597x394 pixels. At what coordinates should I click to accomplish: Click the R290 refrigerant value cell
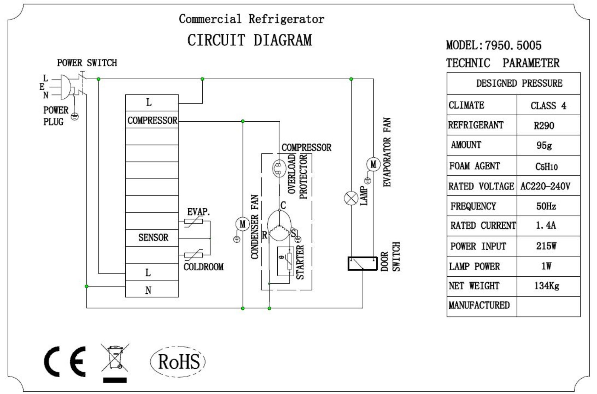click(544, 125)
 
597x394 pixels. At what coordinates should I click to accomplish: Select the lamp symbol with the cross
click(351, 198)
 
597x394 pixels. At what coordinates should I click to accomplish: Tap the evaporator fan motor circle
click(373, 164)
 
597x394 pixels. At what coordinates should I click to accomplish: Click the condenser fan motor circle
click(242, 224)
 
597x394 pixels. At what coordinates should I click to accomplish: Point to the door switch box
click(362, 263)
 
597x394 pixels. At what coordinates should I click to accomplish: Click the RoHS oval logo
click(178, 362)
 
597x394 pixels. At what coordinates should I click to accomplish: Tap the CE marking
click(65, 362)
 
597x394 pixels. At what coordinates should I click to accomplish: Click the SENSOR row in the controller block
click(152, 238)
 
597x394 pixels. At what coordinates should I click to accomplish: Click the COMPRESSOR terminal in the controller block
click(152, 120)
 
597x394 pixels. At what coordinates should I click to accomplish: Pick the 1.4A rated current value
click(546, 225)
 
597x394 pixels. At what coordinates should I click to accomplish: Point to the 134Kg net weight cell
click(547, 286)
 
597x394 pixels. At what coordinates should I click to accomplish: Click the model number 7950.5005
click(513, 45)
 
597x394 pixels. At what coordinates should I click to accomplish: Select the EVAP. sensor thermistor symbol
click(194, 221)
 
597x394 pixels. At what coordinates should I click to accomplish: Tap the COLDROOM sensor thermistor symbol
click(194, 255)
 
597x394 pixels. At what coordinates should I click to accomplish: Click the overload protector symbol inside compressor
click(279, 169)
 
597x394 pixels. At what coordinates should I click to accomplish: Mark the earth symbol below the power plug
click(75, 116)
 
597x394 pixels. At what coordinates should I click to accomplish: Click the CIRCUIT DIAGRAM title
click(250, 40)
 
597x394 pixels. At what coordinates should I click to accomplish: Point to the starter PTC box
click(286, 261)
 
